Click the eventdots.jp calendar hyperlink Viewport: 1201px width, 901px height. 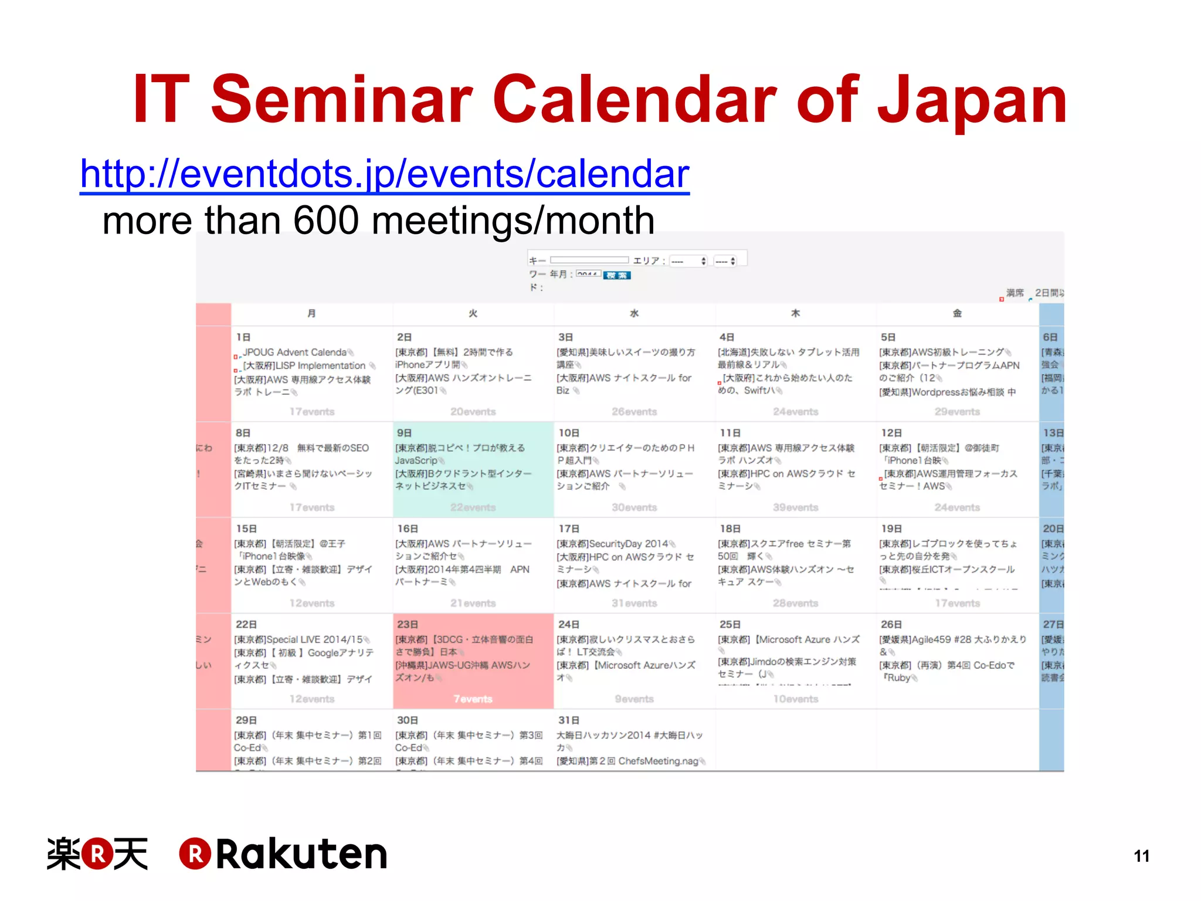pos(384,174)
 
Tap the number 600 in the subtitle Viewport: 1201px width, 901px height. pos(325,221)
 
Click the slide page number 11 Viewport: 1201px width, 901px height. pos(1141,856)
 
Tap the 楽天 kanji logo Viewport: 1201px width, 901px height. pos(97,854)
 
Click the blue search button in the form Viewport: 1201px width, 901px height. pos(616,275)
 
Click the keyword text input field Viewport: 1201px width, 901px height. pos(589,260)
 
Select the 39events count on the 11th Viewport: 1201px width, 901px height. pos(795,507)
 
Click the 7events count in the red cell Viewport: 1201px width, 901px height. pos(473,699)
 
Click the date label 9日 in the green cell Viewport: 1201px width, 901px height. pos(404,433)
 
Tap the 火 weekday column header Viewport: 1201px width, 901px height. pos(473,313)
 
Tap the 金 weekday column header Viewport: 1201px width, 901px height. pos(957,313)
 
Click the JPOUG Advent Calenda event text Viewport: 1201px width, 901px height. pos(295,352)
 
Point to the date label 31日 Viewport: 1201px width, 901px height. pos(568,720)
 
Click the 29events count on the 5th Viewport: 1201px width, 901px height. pos(957,412)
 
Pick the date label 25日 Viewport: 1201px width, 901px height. pos(730,625)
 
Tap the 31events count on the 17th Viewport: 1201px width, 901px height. pos(634,603)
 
